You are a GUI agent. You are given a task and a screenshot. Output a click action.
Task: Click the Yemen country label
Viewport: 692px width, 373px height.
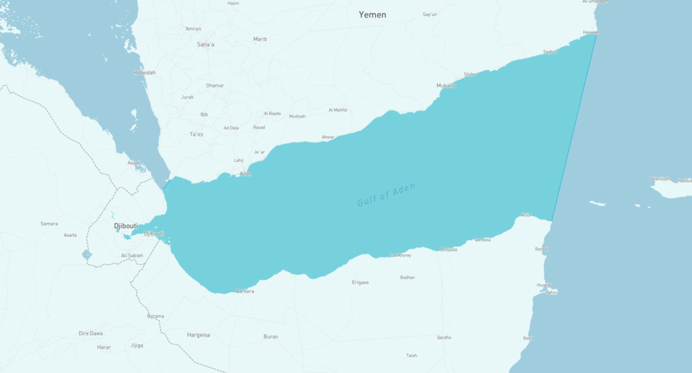[372, 14]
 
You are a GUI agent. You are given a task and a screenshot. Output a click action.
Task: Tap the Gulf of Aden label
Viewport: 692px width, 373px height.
[386, 195]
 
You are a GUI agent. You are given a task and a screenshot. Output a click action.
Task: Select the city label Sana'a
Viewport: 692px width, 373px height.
[205, 44]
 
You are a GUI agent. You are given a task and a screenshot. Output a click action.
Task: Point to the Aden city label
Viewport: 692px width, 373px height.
[246, 174]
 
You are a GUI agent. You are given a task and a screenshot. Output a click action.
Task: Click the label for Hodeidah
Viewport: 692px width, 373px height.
[144, 72]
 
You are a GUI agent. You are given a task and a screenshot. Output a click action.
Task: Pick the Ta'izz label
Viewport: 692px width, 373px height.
[196, 134]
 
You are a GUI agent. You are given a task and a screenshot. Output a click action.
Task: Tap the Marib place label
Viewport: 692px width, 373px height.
[260, 39]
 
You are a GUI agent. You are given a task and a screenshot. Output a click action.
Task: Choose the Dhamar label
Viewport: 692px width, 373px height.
[215, 85]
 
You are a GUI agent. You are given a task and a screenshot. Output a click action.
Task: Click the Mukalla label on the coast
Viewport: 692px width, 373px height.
[446, 85]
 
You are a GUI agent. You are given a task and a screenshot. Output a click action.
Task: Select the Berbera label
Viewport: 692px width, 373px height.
[245, 291]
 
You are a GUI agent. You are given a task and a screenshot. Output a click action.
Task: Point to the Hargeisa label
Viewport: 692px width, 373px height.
[198, 335]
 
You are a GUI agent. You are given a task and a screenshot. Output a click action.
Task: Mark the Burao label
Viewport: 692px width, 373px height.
[271, 336]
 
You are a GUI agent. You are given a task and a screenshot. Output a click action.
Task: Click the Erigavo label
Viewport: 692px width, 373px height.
[360, 282]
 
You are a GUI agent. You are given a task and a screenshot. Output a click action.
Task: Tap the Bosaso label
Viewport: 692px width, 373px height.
[449, 249]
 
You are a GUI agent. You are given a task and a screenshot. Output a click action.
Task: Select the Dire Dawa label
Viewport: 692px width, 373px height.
[90, 333]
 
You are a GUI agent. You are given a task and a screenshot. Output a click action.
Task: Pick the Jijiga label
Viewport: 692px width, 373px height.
[137, 345]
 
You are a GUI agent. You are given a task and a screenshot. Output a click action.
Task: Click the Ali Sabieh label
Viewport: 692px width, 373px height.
[132, 255]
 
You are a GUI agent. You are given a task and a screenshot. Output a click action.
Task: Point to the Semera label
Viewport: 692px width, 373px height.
[49, 224]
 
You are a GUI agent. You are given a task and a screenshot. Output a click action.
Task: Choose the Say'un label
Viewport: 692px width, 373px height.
[430, 14]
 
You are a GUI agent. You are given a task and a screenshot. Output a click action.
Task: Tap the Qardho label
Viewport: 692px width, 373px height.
[444, 337]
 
